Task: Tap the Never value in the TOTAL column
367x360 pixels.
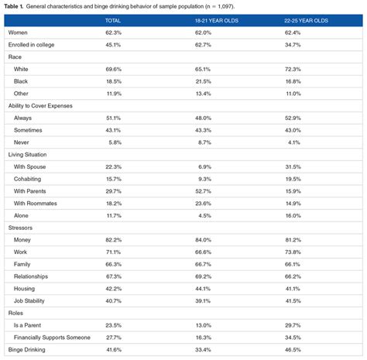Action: click(x=112, y=142)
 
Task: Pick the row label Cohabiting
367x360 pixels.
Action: click(x=29, y=179)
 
